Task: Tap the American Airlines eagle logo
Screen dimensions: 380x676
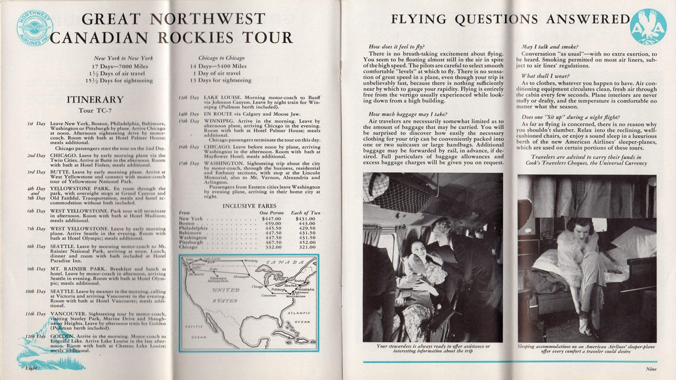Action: click(x=648, y=26)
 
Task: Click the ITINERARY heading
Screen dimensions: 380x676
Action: click(x=95, y=100)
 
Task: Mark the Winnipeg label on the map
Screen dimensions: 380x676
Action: click(x=233, y=259)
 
